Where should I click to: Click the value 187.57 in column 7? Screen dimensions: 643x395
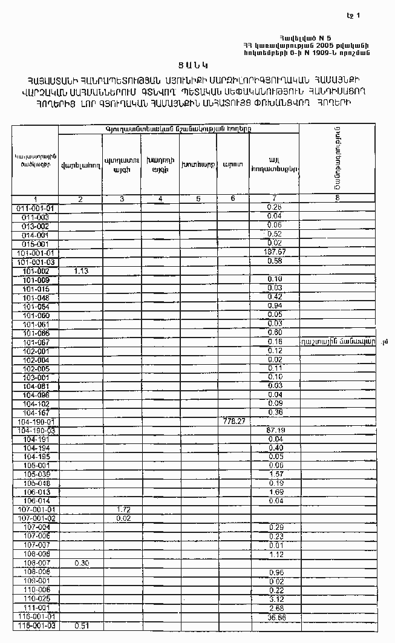tap(275, 252)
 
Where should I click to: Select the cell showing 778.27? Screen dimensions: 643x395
tap(233, 421)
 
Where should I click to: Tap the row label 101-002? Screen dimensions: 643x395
tap(36, 272)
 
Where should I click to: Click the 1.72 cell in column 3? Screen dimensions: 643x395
tap(123, 510)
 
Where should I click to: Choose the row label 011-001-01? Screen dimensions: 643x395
tap(36, 207)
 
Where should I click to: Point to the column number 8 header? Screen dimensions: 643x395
tap(337, 198)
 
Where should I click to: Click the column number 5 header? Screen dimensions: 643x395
tap(198, 198)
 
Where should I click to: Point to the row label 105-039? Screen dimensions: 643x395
tap(36, 474)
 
